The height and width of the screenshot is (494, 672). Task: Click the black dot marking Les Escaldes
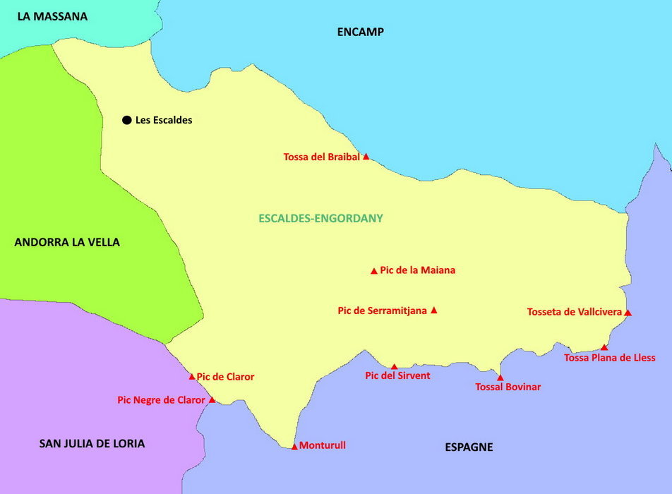point(127,120)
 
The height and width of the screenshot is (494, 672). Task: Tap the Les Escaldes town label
point(164,120)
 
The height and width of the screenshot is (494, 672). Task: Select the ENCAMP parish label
point(360,32)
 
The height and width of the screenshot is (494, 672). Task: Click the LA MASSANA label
point(52,16)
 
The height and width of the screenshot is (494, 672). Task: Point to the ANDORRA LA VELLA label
point(67,242)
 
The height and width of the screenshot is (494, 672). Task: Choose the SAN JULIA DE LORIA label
point(92,443)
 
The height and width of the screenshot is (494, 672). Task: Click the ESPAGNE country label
point(469,447)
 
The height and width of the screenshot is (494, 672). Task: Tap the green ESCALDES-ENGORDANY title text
point(320,218)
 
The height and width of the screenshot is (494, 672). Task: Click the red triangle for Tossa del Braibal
point(366,157)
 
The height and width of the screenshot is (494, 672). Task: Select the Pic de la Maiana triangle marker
point(374,271)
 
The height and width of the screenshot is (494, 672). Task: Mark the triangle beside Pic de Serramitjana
point(434,310)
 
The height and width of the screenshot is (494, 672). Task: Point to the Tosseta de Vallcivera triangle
point(628,312)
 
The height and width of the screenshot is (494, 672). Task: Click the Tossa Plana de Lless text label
point(610,358)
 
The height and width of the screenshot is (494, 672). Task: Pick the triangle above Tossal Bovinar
point(500,378)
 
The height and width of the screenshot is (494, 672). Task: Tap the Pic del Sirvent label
point(397,375)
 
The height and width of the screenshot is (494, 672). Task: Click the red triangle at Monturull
point(294,446)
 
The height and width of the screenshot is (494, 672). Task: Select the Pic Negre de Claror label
point(161,400)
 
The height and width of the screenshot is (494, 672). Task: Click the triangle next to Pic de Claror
point(192,377)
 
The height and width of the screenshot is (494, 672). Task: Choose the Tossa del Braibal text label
point(321,157)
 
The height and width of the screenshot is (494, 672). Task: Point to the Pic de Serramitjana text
point(382,310)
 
